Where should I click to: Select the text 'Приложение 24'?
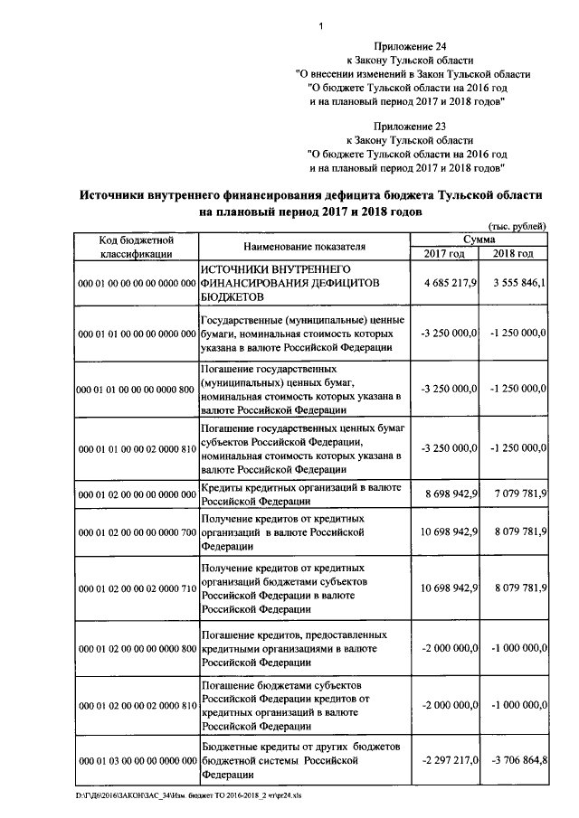410,46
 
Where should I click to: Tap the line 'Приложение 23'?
410,127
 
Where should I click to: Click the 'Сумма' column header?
479,239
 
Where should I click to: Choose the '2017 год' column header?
444,253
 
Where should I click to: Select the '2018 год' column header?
513,253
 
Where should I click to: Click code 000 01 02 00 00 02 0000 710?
138,588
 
